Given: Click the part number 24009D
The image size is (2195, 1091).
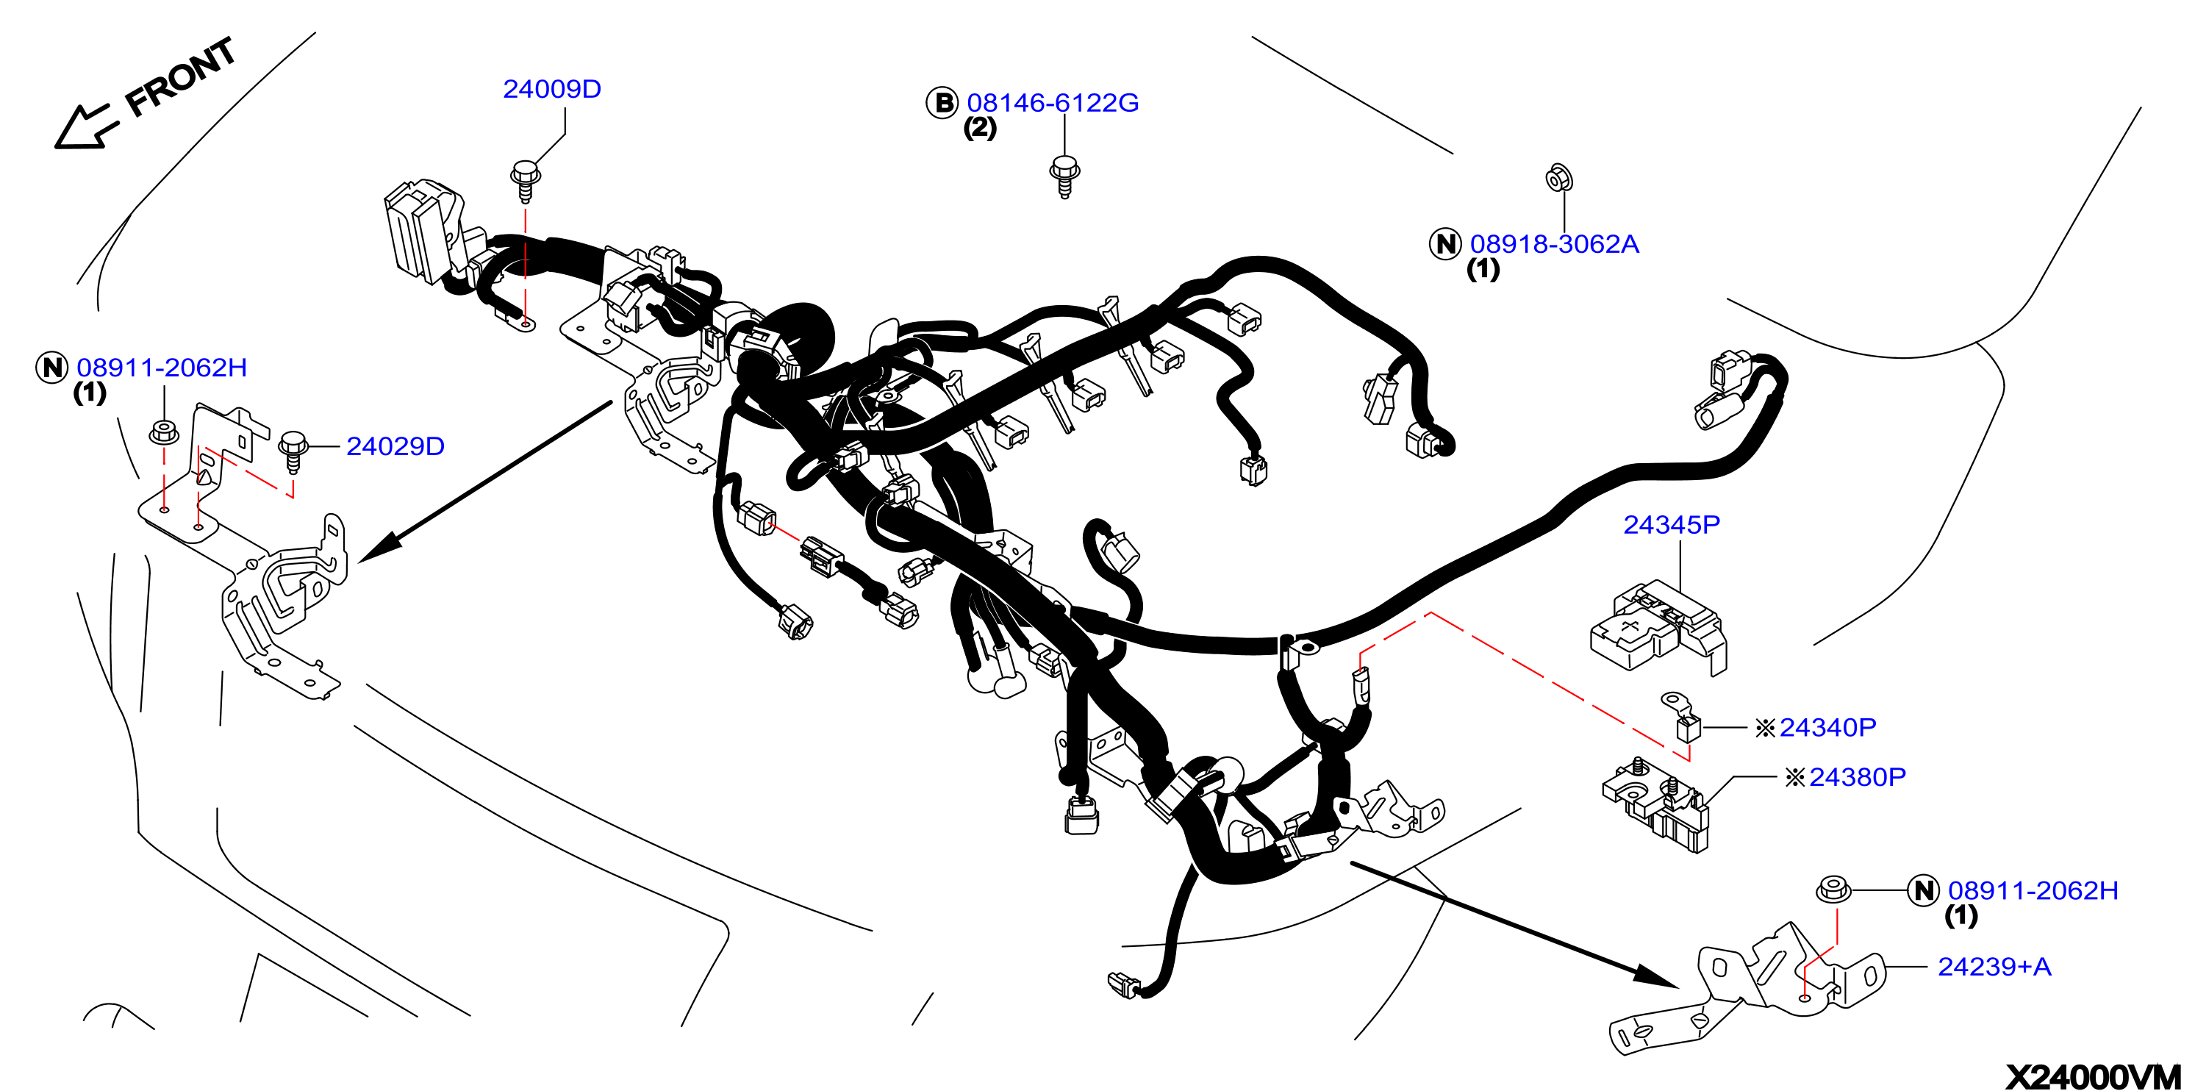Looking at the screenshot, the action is coord(552,89).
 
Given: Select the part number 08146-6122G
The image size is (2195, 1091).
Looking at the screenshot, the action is coord(1053,102).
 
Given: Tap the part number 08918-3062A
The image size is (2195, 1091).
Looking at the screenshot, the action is coord(1554,244).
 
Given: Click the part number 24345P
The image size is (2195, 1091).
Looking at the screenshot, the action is coord(1671,524).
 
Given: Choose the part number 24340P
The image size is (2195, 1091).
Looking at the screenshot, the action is coord(1827,727).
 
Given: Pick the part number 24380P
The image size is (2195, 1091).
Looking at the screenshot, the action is coord(1858,776).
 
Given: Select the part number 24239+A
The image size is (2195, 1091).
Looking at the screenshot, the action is coord(1994,967).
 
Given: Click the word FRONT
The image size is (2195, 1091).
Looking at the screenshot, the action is coord(181,76).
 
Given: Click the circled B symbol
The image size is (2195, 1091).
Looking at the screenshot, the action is coord(942,102).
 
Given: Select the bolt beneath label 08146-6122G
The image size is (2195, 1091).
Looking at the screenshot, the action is coord(1064,176).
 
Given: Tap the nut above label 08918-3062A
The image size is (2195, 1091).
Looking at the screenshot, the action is coord(1558,177).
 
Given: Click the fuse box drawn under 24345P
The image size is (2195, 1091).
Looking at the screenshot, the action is coord(1658,627).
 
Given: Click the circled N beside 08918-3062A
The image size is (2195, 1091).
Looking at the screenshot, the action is coord(1445,244).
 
